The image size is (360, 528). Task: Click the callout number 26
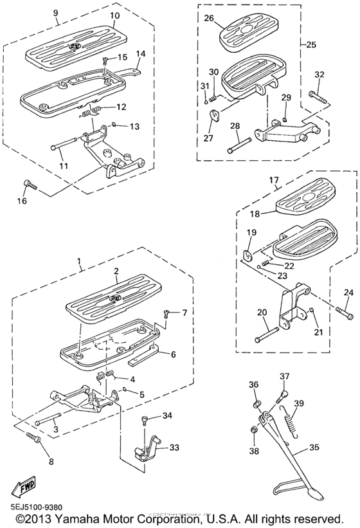pos(209,19)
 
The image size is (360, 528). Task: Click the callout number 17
pos(273,181)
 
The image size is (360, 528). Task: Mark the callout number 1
pos(79,262)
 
